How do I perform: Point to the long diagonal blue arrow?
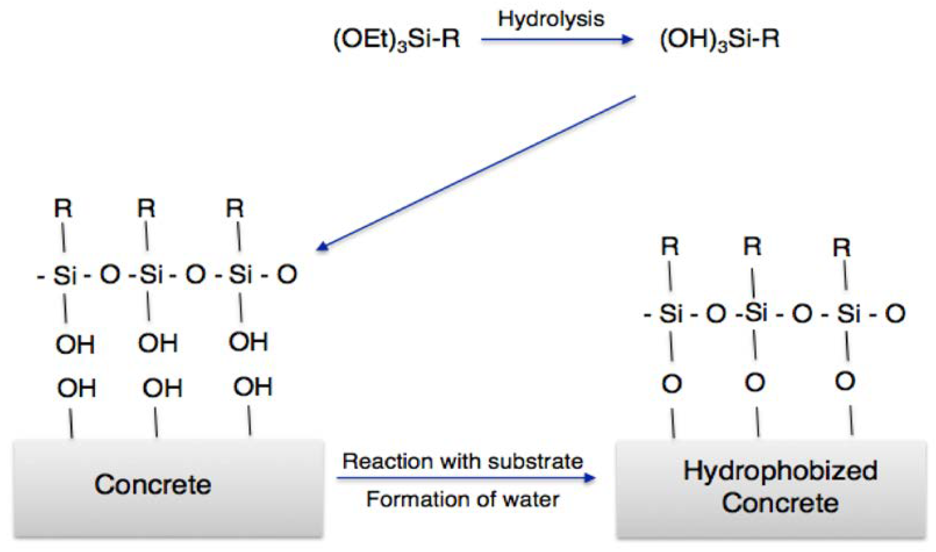tap(476, 173)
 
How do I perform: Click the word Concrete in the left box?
tap(153, 485)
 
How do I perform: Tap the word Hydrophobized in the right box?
tap(780, 471)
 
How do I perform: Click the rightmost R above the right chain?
tap(841, 247)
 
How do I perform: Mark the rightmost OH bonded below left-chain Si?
tap(248, 342)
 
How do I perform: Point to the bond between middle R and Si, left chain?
tap(147, 237)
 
